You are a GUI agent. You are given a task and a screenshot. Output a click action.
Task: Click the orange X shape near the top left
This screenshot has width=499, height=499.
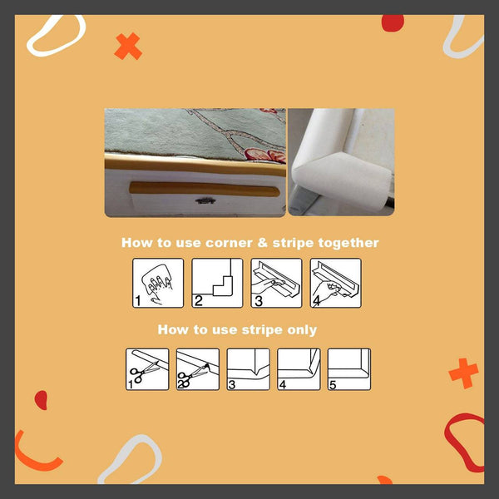tap(128, 47)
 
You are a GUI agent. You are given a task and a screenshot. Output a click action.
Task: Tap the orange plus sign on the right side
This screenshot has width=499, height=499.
tap(463, 373)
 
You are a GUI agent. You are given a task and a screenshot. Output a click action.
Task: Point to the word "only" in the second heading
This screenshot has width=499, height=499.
tap(301, 329)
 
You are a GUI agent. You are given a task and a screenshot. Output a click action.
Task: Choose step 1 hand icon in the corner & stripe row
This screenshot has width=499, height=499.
tap(158, 283)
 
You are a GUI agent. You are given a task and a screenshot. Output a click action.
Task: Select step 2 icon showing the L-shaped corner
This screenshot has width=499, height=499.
tap(217, 283)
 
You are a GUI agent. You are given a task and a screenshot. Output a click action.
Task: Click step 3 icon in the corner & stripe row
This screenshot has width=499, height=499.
tap(276, 283)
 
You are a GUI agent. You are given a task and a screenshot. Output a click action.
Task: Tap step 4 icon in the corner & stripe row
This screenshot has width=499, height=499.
tap(335, 283)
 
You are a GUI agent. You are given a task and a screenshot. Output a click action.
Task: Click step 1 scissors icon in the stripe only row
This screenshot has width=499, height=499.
tap(147, 369)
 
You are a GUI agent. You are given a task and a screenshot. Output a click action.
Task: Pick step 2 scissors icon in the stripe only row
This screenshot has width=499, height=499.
tap(198, 369)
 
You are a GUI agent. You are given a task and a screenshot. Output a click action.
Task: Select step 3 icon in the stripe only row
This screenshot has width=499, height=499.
tap(248, 369)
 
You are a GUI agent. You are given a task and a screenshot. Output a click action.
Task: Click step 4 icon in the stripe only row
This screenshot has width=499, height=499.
tap(299, 369)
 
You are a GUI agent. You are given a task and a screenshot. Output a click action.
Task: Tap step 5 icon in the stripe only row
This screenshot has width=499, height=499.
tap(348, 369)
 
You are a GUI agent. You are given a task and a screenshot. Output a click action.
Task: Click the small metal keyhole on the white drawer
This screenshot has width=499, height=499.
tap(203, 200)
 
